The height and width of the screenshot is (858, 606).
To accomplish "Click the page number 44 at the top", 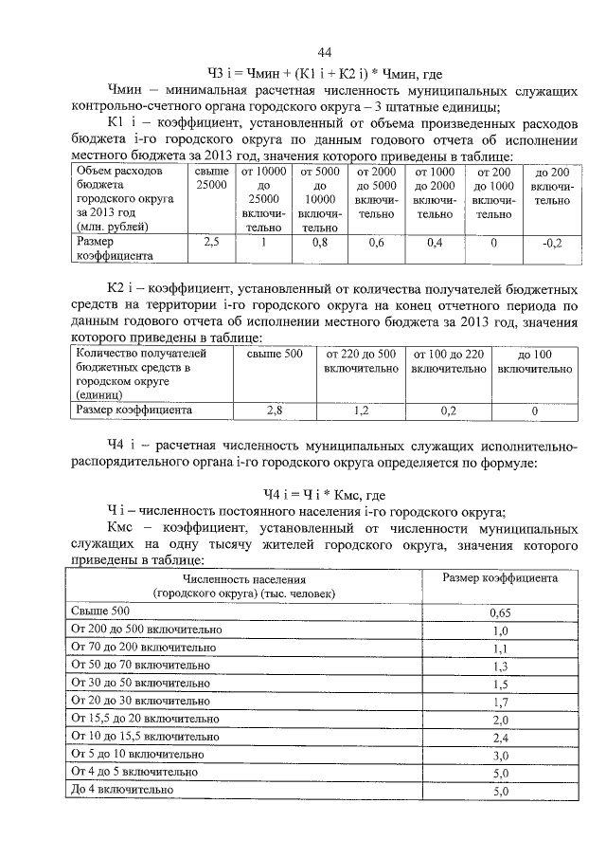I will [325, 51].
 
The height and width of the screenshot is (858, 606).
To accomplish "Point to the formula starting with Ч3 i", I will [325, 73].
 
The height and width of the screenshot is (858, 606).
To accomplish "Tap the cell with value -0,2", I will [552, 243].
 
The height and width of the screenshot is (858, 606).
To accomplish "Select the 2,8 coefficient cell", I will [275, 411].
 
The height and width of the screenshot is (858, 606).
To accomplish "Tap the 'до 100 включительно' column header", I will [535, 360].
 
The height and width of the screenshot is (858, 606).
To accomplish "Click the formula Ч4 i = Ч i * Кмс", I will [325, 493].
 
